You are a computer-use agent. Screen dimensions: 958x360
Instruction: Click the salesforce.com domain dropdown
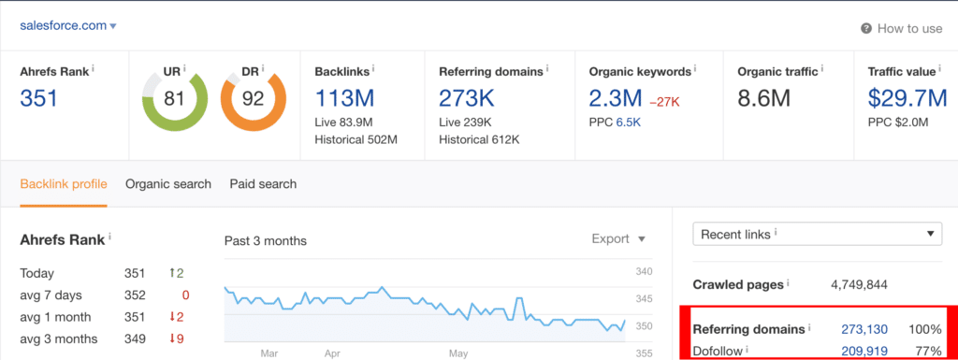click(68, 25)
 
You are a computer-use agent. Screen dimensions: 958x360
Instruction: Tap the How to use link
click(902, 28)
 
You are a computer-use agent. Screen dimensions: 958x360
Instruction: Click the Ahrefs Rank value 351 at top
click(39, 97)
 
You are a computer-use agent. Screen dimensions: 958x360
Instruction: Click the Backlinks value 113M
click(344, 97)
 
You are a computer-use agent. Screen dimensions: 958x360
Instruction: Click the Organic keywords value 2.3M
click(616, 97)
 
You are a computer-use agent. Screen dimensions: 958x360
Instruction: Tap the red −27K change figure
click(664, 102)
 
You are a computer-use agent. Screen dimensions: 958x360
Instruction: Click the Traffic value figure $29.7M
click(907, 97)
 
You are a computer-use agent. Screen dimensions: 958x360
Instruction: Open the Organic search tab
click(168, 183)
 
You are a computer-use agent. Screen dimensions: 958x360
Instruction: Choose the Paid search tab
click(263, 183)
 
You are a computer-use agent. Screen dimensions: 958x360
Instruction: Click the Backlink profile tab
click(64, 183)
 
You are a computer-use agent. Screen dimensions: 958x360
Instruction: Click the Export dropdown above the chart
click(618, 238)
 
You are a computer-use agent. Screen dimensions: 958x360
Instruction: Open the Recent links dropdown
click(818, 234)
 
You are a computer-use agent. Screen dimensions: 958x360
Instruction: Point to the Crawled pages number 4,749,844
click(859, 284)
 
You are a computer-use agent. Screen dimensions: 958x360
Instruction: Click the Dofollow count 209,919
click(864, 351)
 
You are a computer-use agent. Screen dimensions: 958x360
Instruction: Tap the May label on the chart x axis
click(458, 353)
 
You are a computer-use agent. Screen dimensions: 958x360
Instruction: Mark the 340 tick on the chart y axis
click(644, 271)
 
